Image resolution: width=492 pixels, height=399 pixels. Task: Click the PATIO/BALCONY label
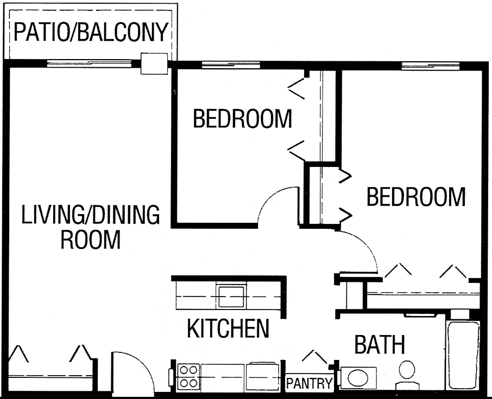click(90, 32)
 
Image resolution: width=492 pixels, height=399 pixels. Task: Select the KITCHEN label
click(228, 328)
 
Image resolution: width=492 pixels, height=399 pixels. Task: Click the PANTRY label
click(309, 384)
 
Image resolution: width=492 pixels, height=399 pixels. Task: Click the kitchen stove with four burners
click(188, 376)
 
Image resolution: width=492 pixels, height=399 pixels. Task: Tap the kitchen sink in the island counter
click(231, 296)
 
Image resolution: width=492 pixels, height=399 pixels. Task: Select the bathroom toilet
click(407, 374)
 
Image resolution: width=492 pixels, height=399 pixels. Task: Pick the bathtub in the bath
click(462, 355)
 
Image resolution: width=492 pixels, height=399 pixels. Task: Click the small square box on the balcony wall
click(154, 63)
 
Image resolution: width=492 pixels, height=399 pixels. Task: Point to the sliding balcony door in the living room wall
click(89, 64)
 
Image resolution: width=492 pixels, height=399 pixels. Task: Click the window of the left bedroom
click(231, 66)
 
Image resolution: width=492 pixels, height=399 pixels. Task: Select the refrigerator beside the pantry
click(263, 376)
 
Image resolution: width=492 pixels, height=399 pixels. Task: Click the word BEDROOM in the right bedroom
click(416, 197)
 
